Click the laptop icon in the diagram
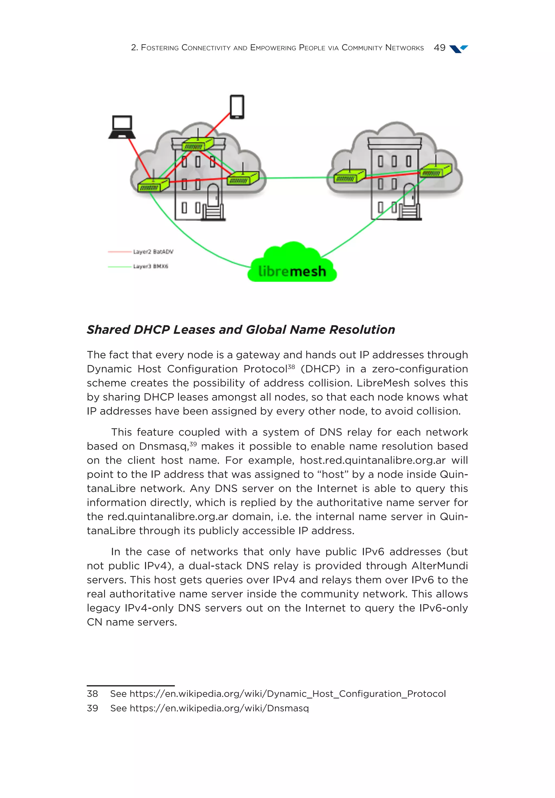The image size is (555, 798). coord(122,127)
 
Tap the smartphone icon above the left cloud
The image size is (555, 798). coord(237,107)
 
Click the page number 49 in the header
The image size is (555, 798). coord(439,48)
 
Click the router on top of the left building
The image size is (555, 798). coord(197,144)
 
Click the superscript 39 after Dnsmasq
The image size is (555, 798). coord(193,444)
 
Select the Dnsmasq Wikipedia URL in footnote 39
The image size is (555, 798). coord(219,708)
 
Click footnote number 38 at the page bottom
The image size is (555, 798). coord(92,693)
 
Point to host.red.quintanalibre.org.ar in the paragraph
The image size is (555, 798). coord(373,460)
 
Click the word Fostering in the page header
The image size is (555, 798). coord(160,48)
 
